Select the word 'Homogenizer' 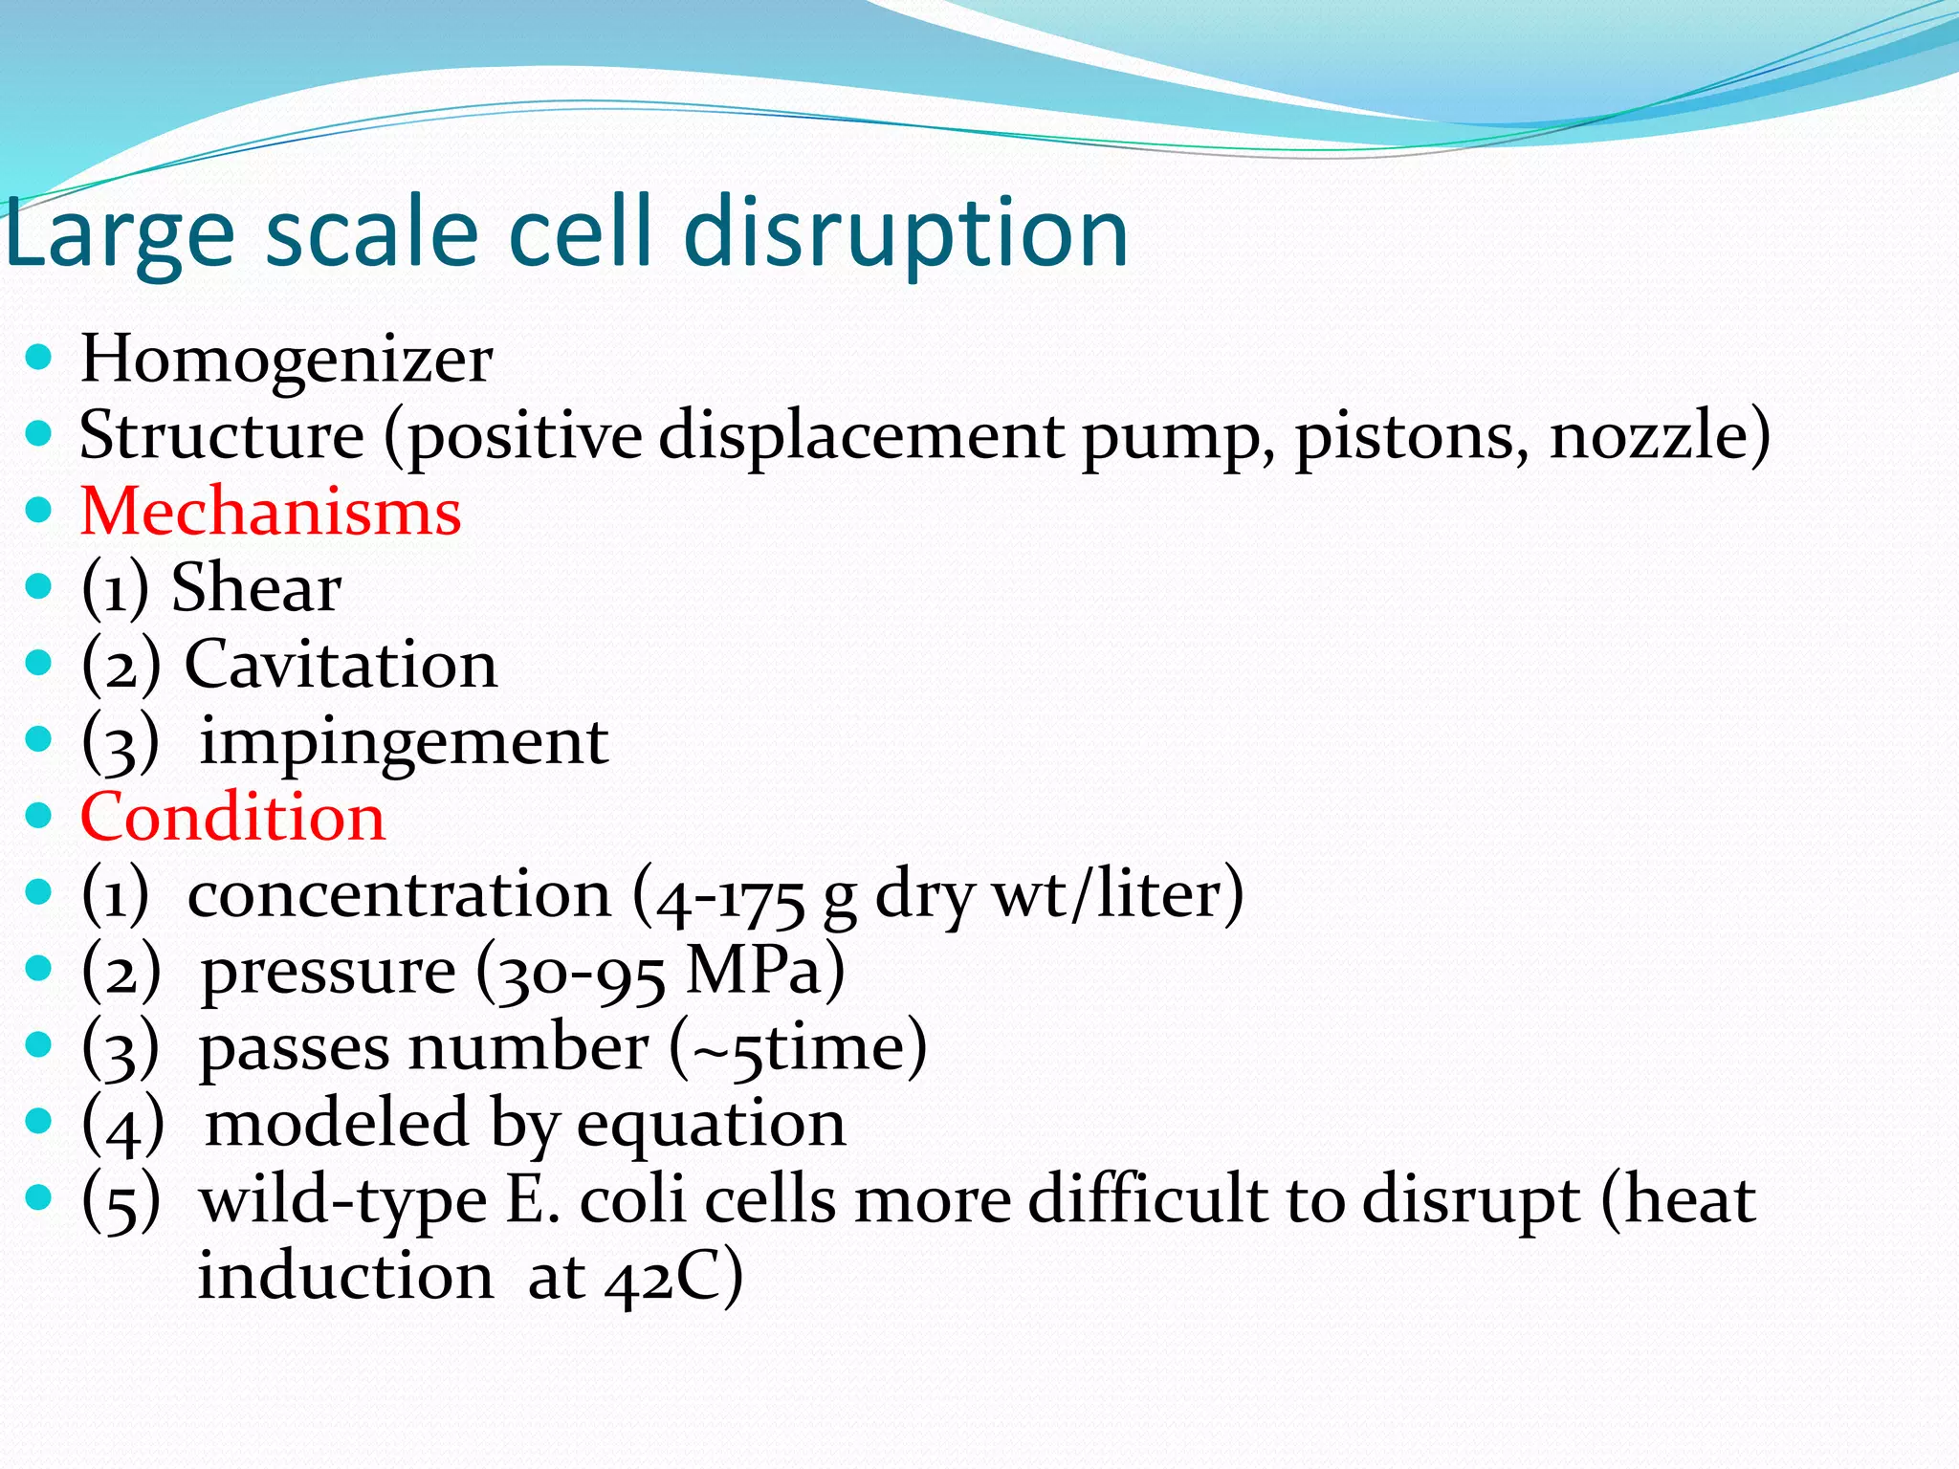pyautogui.click(x=286, y=360)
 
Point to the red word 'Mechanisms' pyautogui.click(x=271, y=512)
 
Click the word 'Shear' pyautogui.click(x=255, y=587)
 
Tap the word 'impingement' pyautogui.click(x=403, y=742)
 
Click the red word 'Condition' pyautogui.click(x=232, y=818)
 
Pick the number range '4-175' pyautogui.click(x=731, y=897)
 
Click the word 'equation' pyautogui.click(x=711, y=1126)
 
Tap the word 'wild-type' pyautogui.click(x=342, y=1202)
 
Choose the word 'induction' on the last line pyautogui.click(x=345, y=1278)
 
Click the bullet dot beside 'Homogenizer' pyautogui.click(x=38, y=359)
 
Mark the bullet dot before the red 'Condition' pyautogui.click(x=38, y=816)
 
